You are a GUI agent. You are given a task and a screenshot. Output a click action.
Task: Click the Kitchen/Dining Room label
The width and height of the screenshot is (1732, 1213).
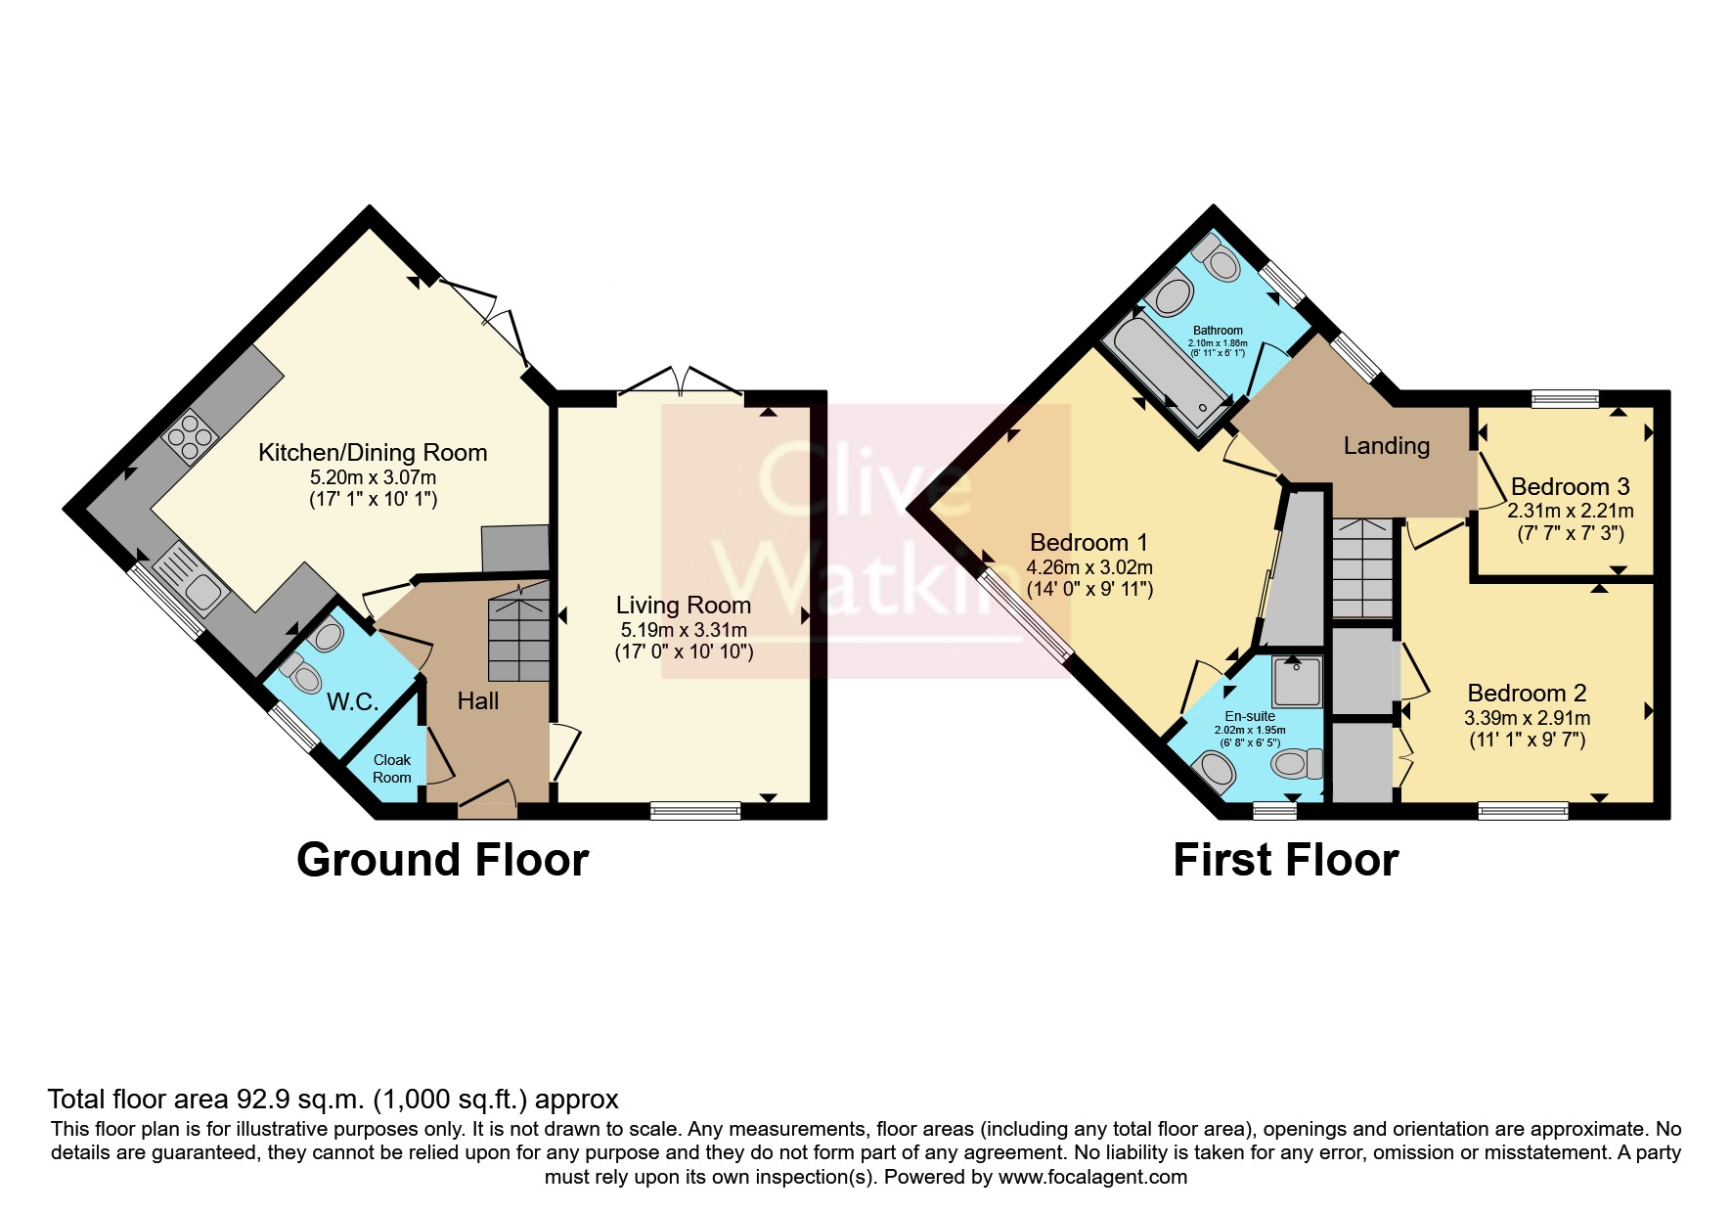[373, 453]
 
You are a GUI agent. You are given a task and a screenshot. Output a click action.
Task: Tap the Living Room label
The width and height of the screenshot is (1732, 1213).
[684, 606]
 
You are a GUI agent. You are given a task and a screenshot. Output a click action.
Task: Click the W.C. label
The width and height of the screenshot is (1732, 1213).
[352, 701]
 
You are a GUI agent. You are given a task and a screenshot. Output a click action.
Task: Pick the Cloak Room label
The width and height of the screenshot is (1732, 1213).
[392, 769]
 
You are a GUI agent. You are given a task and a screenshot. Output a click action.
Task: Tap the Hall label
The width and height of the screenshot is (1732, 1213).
[478, 700]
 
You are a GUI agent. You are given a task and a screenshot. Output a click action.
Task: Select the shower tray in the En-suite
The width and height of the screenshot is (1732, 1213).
[1298, 682]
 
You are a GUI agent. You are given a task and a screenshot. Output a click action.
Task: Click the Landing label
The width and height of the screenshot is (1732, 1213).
[1387, 446]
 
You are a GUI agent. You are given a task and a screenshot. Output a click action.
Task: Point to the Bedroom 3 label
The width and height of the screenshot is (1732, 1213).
[1571, 486]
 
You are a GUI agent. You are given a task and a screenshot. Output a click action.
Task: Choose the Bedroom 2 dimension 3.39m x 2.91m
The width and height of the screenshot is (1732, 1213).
[1528, 718]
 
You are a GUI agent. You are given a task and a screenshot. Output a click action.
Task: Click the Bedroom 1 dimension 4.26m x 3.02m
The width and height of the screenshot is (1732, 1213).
[1089, 567]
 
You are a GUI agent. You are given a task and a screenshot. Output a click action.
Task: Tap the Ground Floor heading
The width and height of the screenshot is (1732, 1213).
[443, 860]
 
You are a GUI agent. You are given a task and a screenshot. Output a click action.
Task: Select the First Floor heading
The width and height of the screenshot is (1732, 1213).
[1286, 860]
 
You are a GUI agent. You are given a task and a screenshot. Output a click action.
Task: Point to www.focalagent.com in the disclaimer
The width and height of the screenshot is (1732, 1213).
[1092, 1177]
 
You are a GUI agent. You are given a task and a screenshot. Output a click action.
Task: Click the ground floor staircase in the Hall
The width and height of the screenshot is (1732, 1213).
[519, 631]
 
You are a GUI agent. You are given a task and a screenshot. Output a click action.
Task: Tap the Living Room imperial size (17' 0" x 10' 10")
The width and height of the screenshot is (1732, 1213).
[684, 651]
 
